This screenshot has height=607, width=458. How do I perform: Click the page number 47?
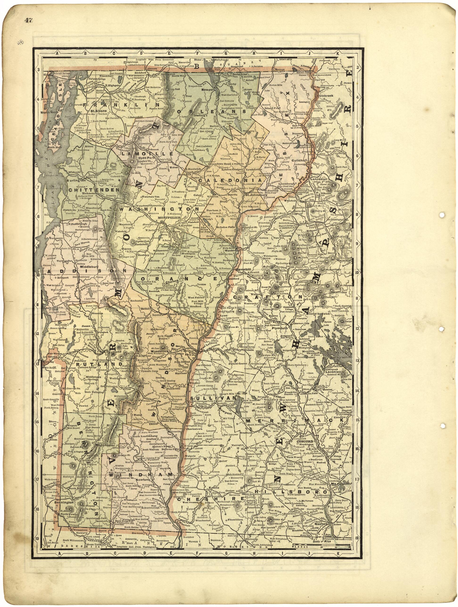click(29, 20)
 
